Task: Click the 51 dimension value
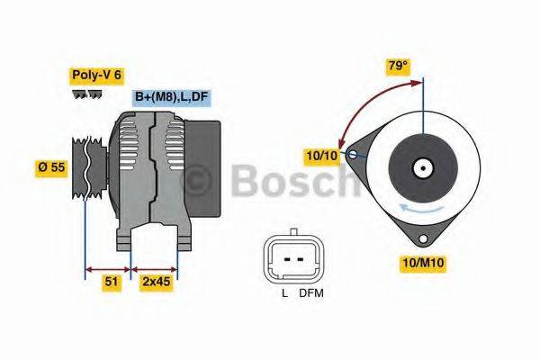tap(112, 282)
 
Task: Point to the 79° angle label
tap(397, 67)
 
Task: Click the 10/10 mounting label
tap(320, 155)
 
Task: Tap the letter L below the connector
tap(283, 293)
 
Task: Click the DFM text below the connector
tap(311, 293)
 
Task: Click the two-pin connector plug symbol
tap(293, 259)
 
